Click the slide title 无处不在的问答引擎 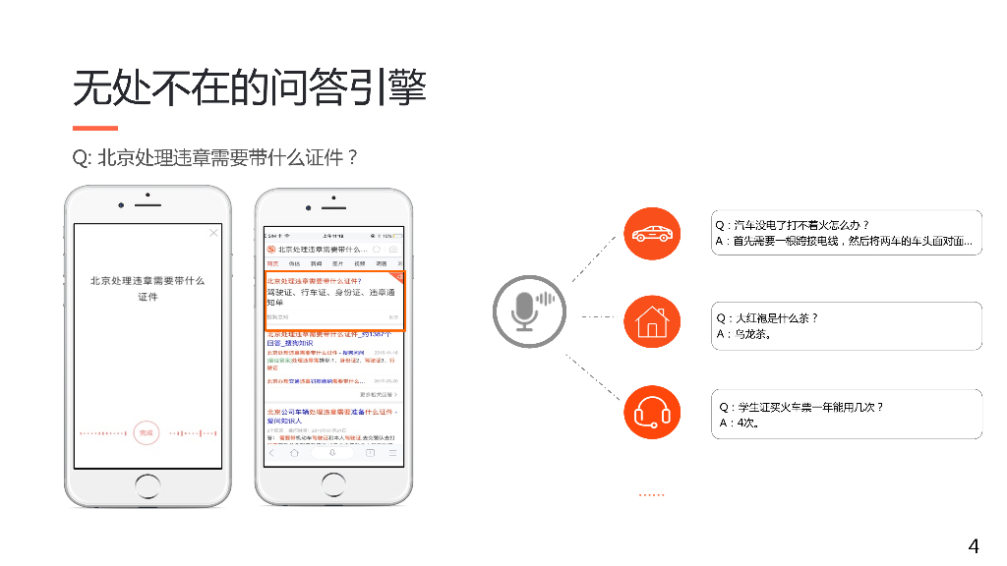pyautogui.click(x=249, y=88)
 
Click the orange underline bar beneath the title pyautogui.click(x=95, y=128)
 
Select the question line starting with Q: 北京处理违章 pyautogui.click(x=214, y=157)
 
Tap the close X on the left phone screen pyautogui.click(x=213, y=233)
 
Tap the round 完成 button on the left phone pyautogui.click(x=147, y=432)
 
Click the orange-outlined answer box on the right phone pyautogui.click(x=334, y=299)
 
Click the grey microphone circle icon pyautogui.click(x=530, y=311)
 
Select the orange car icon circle pyautogui.click(x=652, y=234)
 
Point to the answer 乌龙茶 pyautogui.click(x=746, y=334)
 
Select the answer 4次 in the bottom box pyautogui.click(x=739, y=423)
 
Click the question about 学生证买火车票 pyautogui.click(x=801, y=407)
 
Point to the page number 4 pyautogui.click(x=974, y=546)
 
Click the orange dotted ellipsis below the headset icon pyautogui.click(x=652, y=495)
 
